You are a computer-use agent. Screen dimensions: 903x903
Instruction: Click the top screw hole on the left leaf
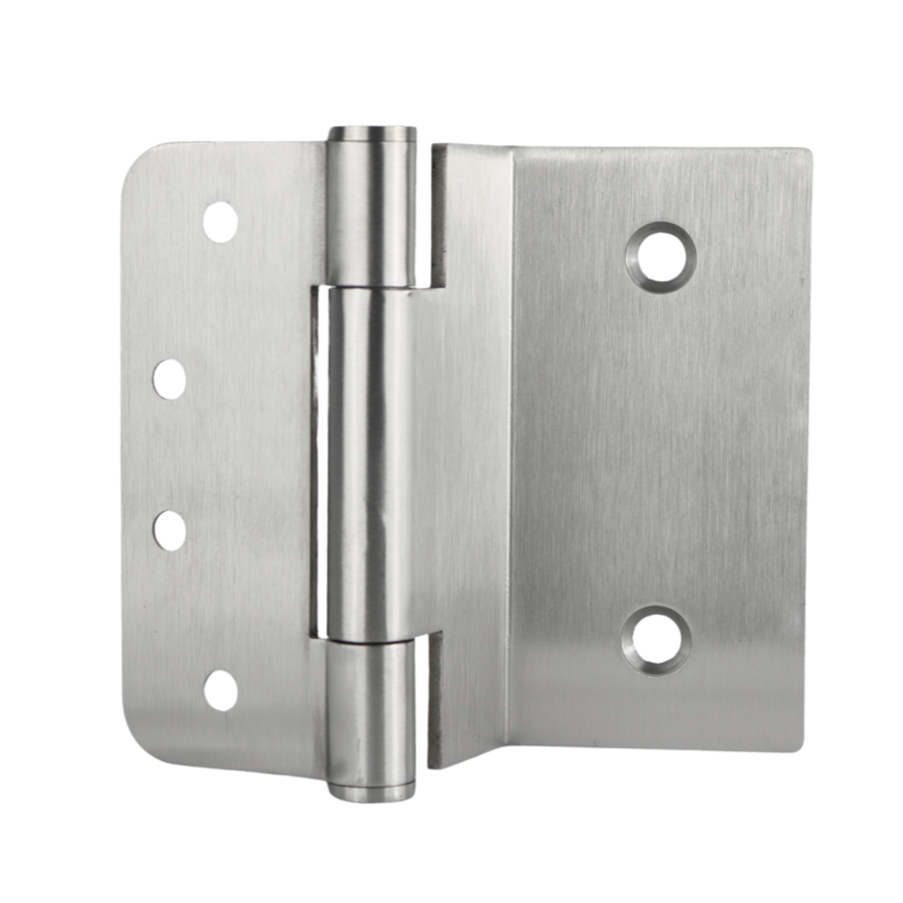point(220,222)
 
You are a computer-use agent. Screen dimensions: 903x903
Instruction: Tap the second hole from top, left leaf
point(169,379)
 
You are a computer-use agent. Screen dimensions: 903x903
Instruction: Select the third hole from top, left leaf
point(170,531)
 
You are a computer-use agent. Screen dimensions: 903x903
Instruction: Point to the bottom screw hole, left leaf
point(221,691)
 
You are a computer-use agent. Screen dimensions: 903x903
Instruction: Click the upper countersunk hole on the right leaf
point(661,256)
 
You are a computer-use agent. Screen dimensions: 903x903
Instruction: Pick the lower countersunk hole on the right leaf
point(655,640)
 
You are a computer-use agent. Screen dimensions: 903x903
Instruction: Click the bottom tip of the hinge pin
point(372,793)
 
